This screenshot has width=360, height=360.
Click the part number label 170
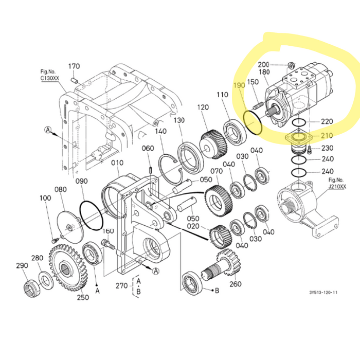click(74, 66)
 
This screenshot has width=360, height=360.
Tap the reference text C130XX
click(50, 78)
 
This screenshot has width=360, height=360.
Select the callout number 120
click(203, 107)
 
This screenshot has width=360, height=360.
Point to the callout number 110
click(222, 95)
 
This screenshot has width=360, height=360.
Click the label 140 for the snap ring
click(161, 132)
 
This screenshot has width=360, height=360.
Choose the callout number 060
click(148, 149)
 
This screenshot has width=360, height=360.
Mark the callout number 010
click(117, 164)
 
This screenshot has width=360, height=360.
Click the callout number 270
click(121, 286)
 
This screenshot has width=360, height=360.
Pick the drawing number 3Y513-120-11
click(323, 293)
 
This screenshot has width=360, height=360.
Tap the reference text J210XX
click(337, 187)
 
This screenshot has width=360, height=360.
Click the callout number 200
click(263, 64)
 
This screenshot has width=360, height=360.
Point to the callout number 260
click(235, 284)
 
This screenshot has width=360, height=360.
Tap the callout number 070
click(217, 171)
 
